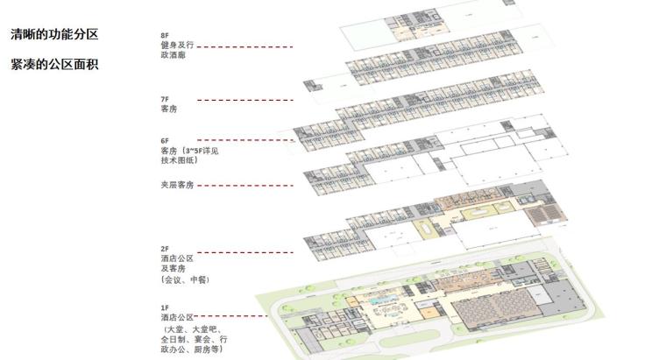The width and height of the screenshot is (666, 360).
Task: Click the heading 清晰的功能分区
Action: (x=53, y=36)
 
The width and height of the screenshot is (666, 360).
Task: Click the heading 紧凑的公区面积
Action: (x=53, y=64)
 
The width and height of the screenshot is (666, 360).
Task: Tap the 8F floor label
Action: (x=164, y=36)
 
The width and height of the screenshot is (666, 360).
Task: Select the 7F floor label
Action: (x=164, y=100)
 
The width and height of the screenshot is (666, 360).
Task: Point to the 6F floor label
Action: (x=164, y=140)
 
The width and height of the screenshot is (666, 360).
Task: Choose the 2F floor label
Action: (x=164, y=249)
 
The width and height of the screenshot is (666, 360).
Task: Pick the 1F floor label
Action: (x=164, y=307)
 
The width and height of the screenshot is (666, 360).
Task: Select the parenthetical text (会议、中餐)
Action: (x=185, y=280)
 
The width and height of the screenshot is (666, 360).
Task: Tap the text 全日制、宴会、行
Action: (x=194, y=338)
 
